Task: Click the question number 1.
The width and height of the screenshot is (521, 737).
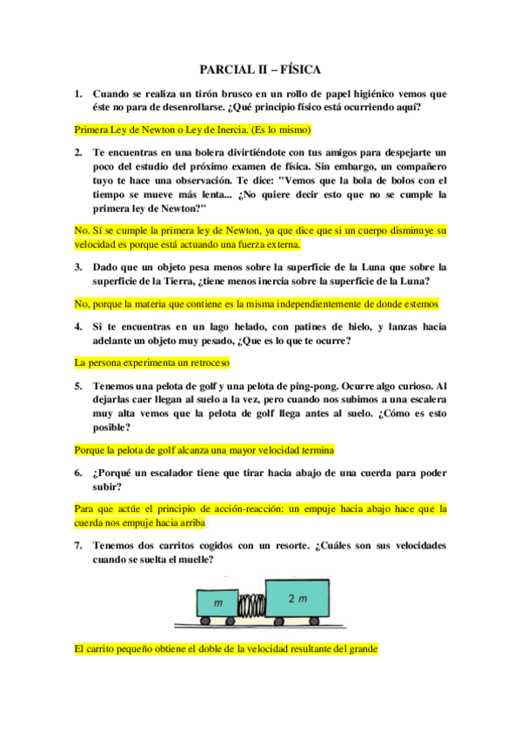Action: pos(77,93)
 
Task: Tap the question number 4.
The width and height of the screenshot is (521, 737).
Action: pos(77,326)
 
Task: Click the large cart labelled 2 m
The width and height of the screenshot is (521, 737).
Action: pos(298,600)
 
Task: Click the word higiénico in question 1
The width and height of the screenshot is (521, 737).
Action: pos(390,93)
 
